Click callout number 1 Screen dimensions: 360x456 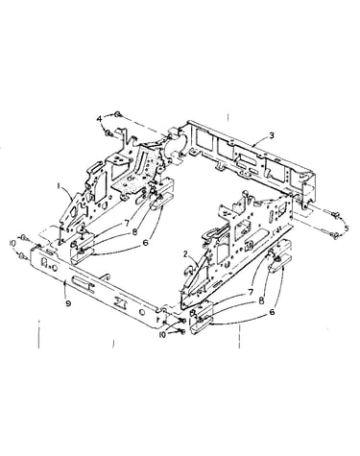coord(59,185)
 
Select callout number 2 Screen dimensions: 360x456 coord(185,254)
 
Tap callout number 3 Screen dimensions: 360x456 coord(272,135)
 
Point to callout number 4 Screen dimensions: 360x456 coord(100,118)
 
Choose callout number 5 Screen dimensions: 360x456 coord(347,228)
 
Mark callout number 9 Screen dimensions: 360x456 coord(68,303)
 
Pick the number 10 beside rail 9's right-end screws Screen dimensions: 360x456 coord(162,335)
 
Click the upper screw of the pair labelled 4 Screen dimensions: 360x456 coord(117,113)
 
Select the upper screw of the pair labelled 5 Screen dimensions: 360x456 coord(335,213)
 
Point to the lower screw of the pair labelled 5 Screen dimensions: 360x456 coord(334,236)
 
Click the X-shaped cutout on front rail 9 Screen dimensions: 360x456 coord(119,301)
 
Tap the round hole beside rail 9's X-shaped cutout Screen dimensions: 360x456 coord(142,311)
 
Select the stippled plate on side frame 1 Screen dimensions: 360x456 coord(138,173)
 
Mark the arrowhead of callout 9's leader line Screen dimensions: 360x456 coord(64,281)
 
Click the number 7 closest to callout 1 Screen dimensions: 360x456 coord(127,222)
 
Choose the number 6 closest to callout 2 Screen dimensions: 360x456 coord(273,312)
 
